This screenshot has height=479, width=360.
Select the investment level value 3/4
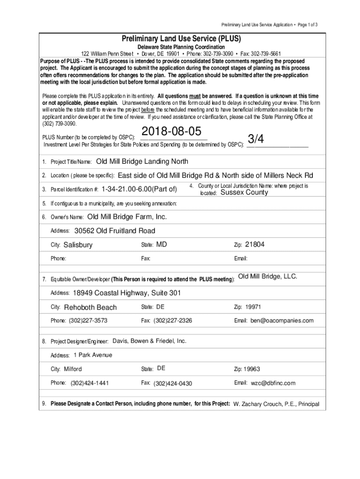coord(256,138)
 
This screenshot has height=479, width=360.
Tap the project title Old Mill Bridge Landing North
coord(142,162)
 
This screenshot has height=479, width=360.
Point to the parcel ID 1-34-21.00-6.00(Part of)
coord(139,189)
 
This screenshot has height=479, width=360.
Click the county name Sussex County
coord(245,192)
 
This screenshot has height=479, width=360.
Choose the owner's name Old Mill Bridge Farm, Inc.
coord(127,217)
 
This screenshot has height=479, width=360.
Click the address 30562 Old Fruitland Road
coord(115,231)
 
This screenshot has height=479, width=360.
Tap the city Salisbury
coord(78,245)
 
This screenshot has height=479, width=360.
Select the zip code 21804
coord(255,244)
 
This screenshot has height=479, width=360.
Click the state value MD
coord(161,244)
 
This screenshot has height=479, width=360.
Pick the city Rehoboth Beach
coord(90,307)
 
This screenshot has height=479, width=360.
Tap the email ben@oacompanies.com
coord(282,320)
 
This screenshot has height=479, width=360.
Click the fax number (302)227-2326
coord(173,320)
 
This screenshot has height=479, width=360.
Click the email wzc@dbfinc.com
coord(273,383)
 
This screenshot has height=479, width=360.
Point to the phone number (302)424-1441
coord(90,383)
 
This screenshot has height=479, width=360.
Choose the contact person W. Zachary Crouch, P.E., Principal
coord(276,404)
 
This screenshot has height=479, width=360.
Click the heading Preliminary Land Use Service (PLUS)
coord(180,38)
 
